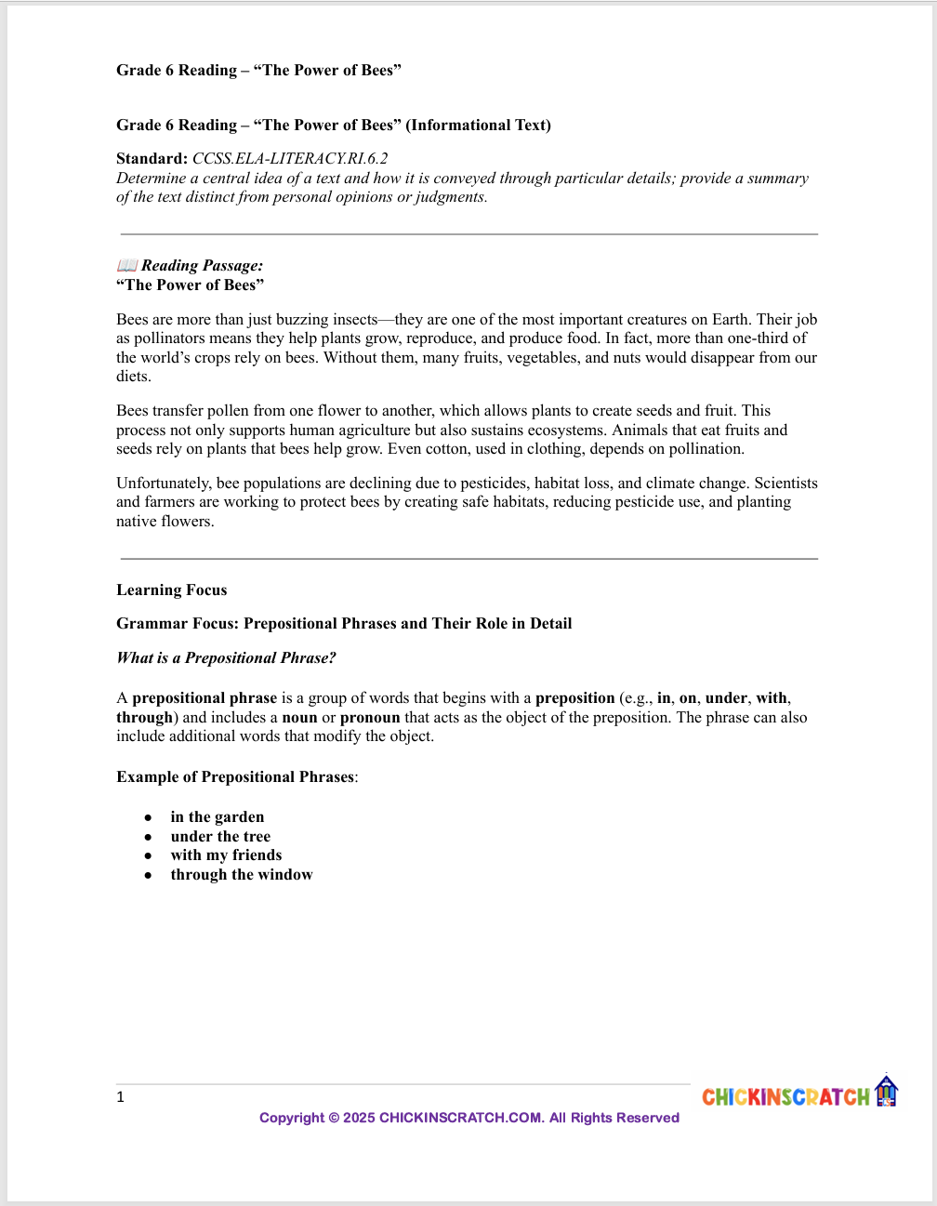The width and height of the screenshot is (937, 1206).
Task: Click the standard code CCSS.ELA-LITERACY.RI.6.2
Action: pyautogui.click(x=290, y=159)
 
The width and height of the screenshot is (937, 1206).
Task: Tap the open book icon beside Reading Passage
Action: pyautogui.click(x=127, y=266)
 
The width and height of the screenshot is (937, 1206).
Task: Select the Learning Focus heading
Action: pyautogui.click(x=171, y=590)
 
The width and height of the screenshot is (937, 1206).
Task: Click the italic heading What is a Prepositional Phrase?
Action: pyautogui.click(x=226, y=658)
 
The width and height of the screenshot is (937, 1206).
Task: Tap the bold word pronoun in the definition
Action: pyautogui.click(x=370, y=718)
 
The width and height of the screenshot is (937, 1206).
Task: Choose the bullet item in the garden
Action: pyautogui.click(x=218, y=817)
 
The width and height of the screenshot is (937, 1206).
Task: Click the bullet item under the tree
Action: pyautogui.click(x=220, y=837)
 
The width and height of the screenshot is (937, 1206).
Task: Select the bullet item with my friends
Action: pyautogui.click(x=226, y=855)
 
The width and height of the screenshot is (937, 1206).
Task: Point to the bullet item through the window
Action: pyautogui.click(x=242, y=875)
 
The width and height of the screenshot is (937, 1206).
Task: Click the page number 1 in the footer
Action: pyautogui.click(x=120, y=1097)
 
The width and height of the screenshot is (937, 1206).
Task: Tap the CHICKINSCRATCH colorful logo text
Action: pyautogui.click(x=785, y=1097)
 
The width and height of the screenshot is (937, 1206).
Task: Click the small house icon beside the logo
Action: pyautogui.click(x=886, y=1092)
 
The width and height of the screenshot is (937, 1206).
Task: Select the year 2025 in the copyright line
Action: pyautogui.click(x=359, y=1118)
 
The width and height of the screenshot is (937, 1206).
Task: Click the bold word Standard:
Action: pyautogui.click(x=152, y=159)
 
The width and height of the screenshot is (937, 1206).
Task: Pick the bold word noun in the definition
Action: pyautogui.click(x=299, y=718)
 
